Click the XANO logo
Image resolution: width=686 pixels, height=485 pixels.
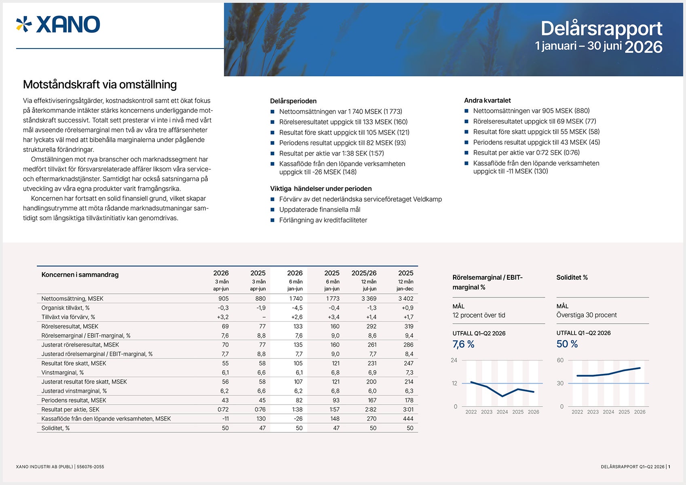coord(58,25)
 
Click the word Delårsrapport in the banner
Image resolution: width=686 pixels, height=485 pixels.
coord(602,28)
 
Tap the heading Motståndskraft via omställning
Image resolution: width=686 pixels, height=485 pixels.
coord(100,84)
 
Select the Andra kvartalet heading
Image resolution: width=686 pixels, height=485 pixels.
coord(487,100)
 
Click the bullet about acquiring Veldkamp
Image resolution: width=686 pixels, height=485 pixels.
coord(361,199)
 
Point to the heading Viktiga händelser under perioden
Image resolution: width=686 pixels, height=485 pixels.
coord(321,189)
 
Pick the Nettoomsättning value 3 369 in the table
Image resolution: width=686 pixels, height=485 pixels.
coord(369,299)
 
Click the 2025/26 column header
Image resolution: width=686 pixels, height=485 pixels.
coord(364,273)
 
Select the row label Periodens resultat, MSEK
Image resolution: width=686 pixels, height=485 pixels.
coord(74,400)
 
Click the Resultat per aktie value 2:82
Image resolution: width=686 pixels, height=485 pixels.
coord(371,409)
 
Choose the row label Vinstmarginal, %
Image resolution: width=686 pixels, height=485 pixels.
coord(63,373)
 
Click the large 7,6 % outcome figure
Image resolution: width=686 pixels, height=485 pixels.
coord(463,344)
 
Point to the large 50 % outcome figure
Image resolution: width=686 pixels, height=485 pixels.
coord(567,344)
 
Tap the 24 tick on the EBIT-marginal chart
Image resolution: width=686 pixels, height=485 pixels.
coord(454,361)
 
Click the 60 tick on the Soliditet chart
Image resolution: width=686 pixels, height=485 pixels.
coord(560,361)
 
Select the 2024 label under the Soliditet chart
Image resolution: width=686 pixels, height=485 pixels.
coord(608,412)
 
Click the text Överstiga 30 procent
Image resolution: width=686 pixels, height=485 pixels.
coord(587,315)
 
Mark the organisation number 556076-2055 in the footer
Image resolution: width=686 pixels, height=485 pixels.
coord(90,467)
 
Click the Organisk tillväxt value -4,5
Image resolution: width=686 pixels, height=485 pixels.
coord(297,308)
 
